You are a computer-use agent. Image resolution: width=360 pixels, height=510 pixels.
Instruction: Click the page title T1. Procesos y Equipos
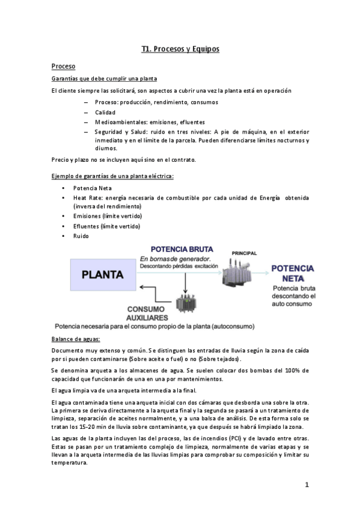(x=180, y=49)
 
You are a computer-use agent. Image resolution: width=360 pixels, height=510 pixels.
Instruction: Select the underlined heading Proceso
(x=63, y=66)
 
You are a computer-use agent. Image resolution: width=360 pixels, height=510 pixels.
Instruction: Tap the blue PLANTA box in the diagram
(x=103, y=275)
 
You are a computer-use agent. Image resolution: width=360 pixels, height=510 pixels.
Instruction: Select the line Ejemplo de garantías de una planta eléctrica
(x=112, y=176)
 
